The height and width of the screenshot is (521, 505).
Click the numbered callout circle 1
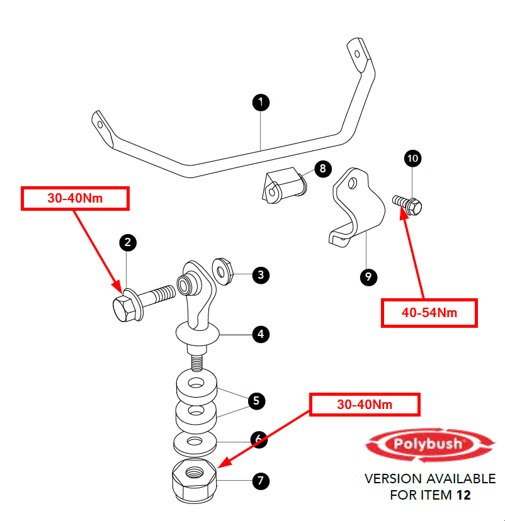tap(261, 103)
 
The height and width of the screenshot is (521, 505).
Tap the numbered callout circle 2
tap(127, 242)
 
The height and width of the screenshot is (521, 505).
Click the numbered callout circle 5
tap(256, 400)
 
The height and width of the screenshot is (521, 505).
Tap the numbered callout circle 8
tap(322, 168)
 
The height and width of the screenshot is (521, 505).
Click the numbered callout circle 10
tap(413, 159)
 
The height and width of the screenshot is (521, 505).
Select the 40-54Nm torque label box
tap(429, 313)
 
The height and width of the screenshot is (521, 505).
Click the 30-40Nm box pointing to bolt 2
tap(75, 198)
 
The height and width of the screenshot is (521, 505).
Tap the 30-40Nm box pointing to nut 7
tap(365, 405)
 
